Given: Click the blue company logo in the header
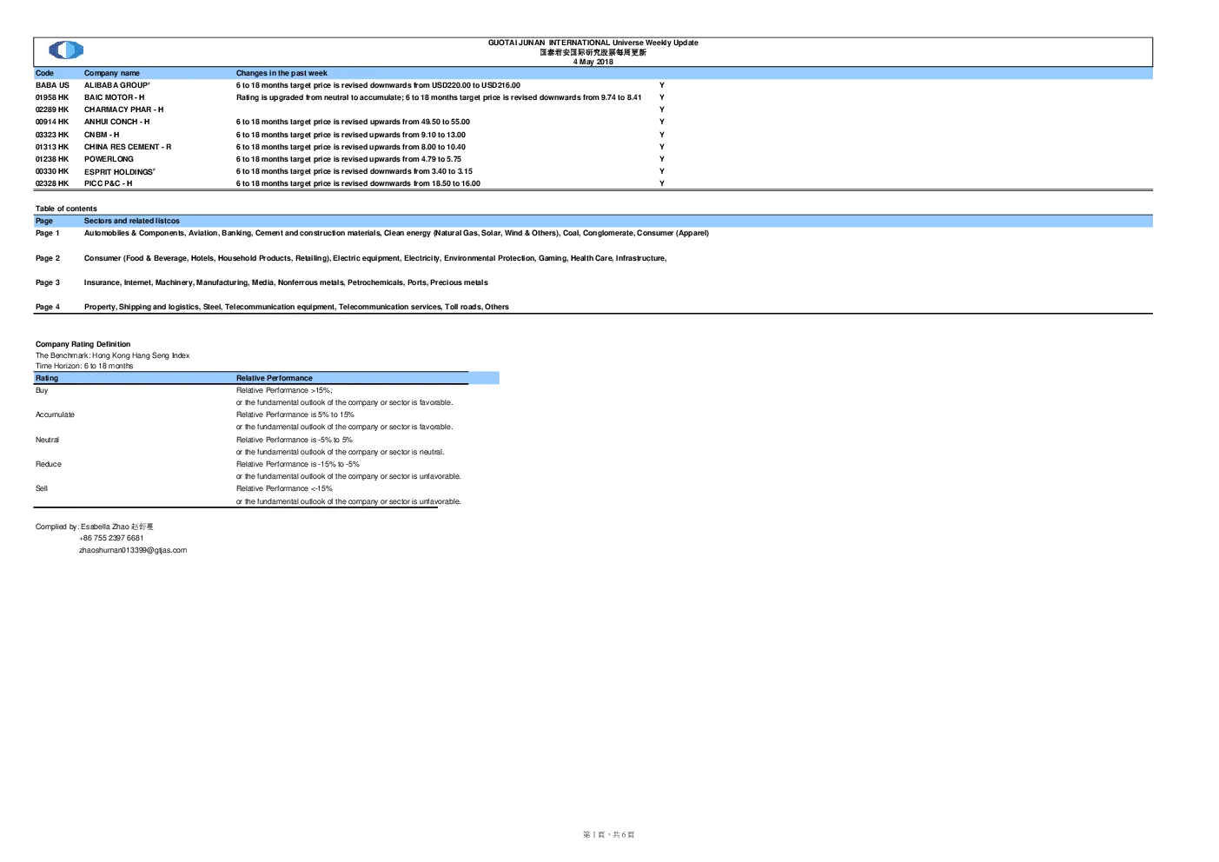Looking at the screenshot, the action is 66,50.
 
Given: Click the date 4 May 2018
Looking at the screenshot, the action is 593,62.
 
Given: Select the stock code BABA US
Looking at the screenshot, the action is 52,85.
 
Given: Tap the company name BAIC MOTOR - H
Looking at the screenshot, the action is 115,97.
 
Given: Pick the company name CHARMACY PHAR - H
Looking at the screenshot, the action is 123,109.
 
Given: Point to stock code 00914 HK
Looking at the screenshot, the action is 52,122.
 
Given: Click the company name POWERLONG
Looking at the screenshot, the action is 109,159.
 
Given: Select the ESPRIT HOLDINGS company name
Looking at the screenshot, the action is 120,171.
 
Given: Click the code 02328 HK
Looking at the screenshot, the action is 52,183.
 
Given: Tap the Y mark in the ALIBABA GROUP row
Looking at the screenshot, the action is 662,85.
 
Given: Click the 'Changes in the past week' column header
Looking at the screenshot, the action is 282,73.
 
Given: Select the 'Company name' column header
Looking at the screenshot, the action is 111,73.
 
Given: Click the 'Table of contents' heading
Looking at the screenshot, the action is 66,209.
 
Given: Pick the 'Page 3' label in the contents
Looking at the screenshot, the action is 47,282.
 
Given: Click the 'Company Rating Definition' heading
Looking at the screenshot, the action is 83,344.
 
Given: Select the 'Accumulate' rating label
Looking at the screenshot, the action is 55,414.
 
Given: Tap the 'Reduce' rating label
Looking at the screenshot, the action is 49,464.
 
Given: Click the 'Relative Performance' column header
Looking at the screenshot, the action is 275,378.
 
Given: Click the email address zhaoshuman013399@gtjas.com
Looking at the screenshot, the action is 133,550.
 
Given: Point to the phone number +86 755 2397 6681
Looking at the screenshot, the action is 111,538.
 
